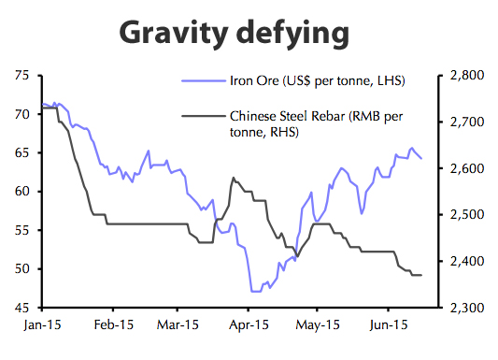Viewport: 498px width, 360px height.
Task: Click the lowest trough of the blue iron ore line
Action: (254, 292)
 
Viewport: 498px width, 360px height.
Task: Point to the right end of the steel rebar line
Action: (421, 275)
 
